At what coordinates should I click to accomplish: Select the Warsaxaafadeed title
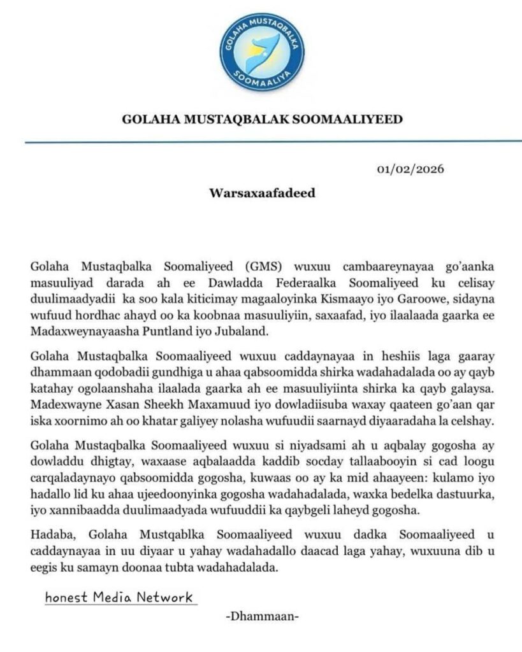click(261, 192)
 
